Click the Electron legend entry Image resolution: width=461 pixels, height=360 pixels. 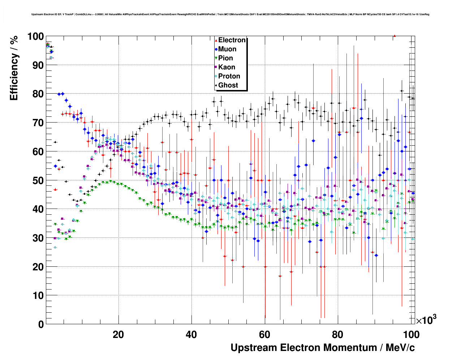click(x=231, y=40)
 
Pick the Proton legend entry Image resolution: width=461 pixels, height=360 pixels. click(x=229, y=76)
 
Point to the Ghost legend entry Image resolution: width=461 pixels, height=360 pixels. click(x=228, y=85)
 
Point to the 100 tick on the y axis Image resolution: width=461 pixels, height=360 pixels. click(x=35, y=37)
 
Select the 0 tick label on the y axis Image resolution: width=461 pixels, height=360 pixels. click(x=41, y=324)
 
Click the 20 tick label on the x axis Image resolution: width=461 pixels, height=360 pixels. click(x=119, y=335)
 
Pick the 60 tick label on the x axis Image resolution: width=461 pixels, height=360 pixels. click(x=265, y=335)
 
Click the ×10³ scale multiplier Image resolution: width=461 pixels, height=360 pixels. click(x=426, y=320)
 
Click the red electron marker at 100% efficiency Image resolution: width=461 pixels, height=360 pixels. click(x=395, y=36)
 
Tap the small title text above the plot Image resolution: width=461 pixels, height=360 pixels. click(x=230, y=14)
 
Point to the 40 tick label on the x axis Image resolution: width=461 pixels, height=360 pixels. click(x=191, y=335)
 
